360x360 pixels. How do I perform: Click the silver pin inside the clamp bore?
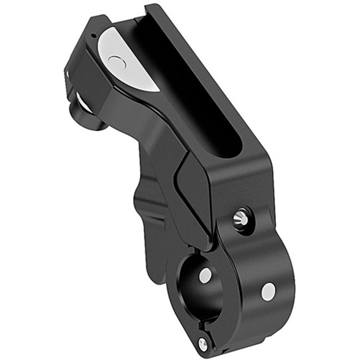pos(205,275)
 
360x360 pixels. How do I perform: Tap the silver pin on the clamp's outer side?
pos(268,292)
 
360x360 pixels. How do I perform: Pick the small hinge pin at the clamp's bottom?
pos(203,344)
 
